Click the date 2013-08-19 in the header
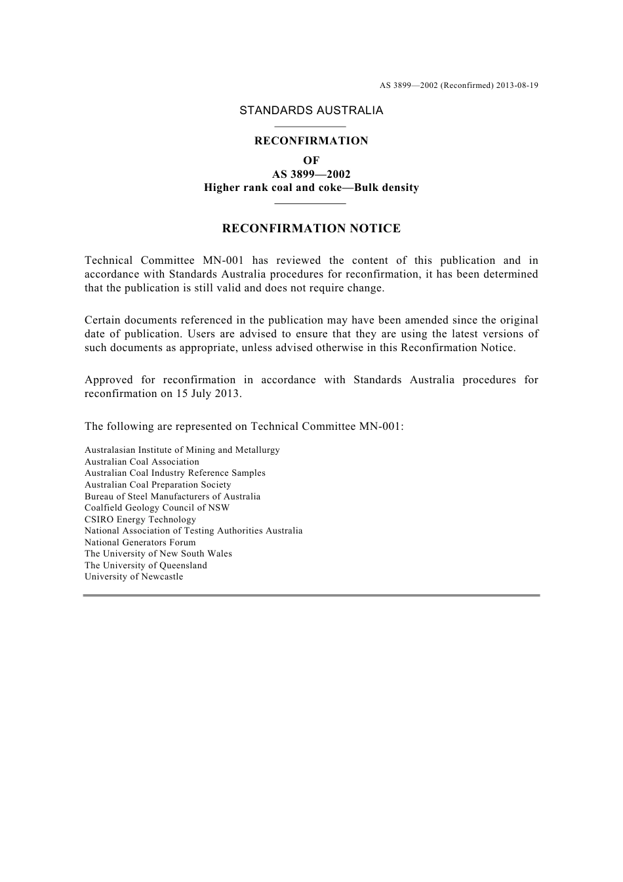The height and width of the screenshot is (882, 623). pyautogui.click(x=517, y=85)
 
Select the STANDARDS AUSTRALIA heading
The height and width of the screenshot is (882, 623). pyautogui.click(x=311, y=111)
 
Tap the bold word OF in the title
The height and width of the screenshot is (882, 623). pyautogui.click(x=311, y=160)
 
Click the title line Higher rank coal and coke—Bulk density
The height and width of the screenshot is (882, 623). pyautogui.click(x=311, y=188)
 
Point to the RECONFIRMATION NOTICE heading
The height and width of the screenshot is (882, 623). pyautogui.click(x=311, y=228)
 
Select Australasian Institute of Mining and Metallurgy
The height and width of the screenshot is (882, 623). pyautogui.click(x=182, y=450)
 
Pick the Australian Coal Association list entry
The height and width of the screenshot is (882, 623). pyautogui.click(x=142, y=462)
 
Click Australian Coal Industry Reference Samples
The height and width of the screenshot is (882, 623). pyautogui.click(x=175, y=473)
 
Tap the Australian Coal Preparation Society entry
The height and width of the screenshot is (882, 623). pyautogui.click(x=157, y=485)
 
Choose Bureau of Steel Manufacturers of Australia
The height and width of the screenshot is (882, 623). pyautogui.click(x=172, y=497)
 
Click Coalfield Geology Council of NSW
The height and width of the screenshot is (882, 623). pyautogui.click(x=157, y=508)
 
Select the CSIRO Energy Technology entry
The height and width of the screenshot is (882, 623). pyautogui.click(x=140, y=520)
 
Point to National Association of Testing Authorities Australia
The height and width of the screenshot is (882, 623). pyautogui.click(x=193, y=531)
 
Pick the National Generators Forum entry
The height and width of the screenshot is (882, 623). pyautogui.click(x=140, y=543)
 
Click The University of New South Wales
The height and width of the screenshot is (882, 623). pyautogui.click(x=158, y=554)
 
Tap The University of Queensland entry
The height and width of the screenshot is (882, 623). pyautogui.click(x=146, y=566)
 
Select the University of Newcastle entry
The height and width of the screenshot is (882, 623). pyautogui.click(x=134, y=577)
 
